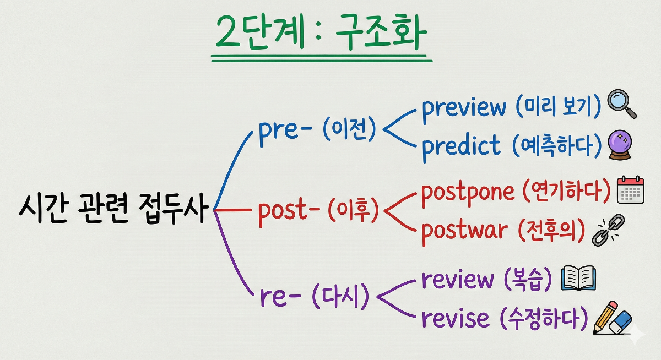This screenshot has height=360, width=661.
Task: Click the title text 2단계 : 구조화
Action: pyautogui.click(x=322, y=35)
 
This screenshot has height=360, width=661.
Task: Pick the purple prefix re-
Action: pyautogui.click(x=280, y=298)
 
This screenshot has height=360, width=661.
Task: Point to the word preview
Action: pyautogui.click(x=464, y=107)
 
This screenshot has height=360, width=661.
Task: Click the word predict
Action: pyautogui.click(x=462, y=146)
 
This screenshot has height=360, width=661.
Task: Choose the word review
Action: pyautogui.click(x=458, y=280)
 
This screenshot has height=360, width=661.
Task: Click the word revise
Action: pyautogui.click(x=456, y=319)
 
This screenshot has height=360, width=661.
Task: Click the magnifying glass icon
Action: pyautogui.click(x=621, y=105)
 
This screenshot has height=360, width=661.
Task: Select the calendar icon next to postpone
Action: pyautogui.click(x=630, y=190)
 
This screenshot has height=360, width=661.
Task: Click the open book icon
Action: pyautogui.click(x=578, y=279)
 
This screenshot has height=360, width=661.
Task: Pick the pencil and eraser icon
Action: pyautogui.click(x=612, y=319)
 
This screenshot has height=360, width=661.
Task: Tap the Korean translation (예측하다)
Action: pyautogui.click(x=556, y=146)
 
